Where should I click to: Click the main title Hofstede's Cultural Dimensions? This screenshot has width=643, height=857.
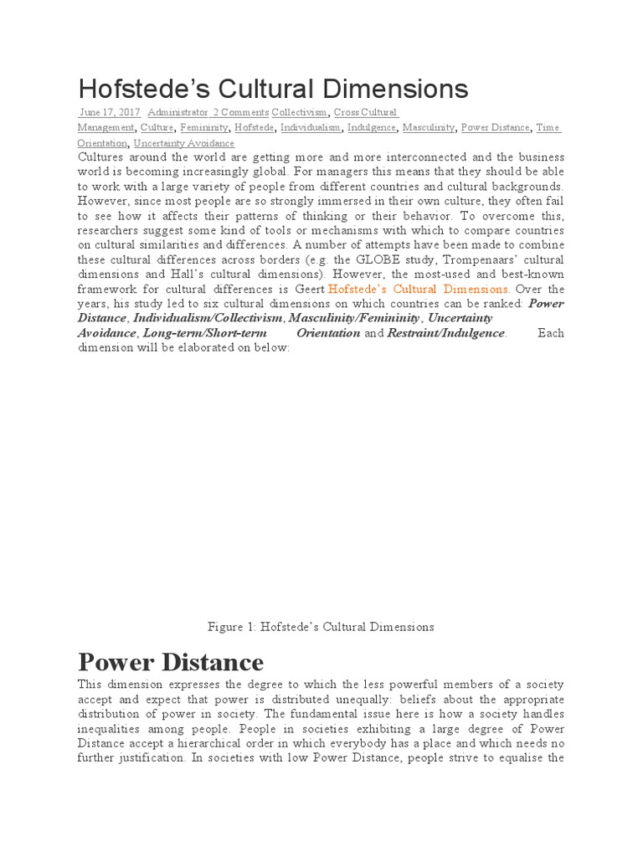pyautogui.click(x=273, y=89)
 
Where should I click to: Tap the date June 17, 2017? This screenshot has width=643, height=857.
pyautogui.click(x=110, y=112)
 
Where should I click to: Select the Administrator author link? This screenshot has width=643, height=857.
pyautogui.click(x=178, y=112)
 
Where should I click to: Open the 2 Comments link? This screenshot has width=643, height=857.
pyautogui.click(x=241, y=112)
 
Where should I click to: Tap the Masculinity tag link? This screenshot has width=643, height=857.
pyautogui.click(x=428, y=128)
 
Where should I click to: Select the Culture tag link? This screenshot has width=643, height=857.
pyautogui.click(x=157, y=128)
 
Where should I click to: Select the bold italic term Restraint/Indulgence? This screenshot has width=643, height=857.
pyautogui.click(x=446, y=333)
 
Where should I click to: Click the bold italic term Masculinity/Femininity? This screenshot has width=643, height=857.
pyautogui.click(x=353, y=318)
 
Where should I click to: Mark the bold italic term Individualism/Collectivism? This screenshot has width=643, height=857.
pyautogui.click(x=208, y=318)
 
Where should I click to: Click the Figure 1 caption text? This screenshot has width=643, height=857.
pyautogui.click(x=321, y=626)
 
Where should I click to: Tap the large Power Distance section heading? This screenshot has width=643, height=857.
pyautogui.click(x=171, y=662)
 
